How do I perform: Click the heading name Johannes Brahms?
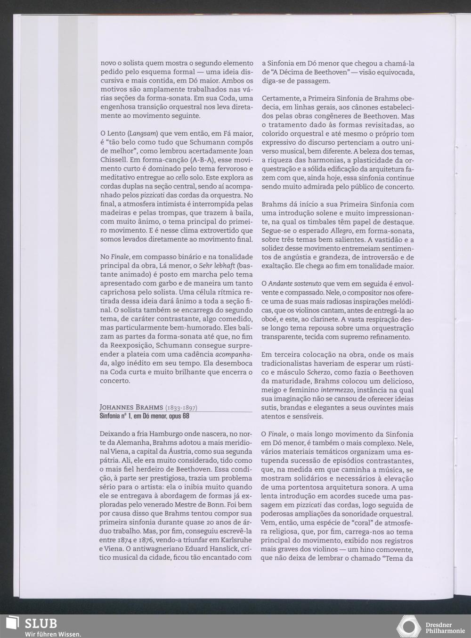131,408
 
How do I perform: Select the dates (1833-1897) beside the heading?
181,408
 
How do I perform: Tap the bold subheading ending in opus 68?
145,416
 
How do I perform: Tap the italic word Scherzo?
318,372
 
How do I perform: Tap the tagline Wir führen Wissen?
53,634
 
